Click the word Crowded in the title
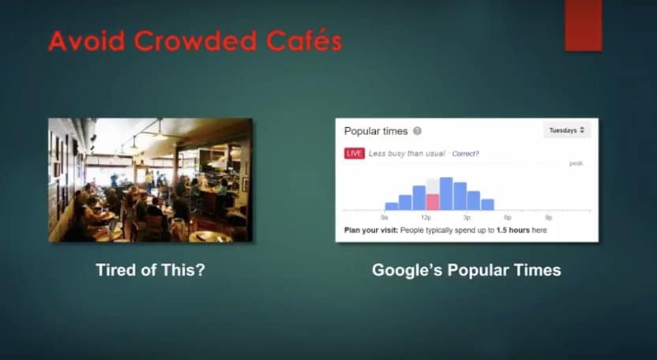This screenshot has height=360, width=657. [x=194, y=41]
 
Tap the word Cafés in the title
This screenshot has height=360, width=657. [x=304, y=41]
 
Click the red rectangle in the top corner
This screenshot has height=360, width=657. [x=584, y=25]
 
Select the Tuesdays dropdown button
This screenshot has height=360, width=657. [x=566, y=130]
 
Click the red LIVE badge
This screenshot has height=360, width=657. [x=355, y=153]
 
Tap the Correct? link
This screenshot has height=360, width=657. [x=465, y=154]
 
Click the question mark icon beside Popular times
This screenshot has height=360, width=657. [x=417, y=131]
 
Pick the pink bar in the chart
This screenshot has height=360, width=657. [x=433, y=202]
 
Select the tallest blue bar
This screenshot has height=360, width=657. [x=446, y=193]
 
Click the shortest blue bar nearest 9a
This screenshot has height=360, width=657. [x=392, y=206]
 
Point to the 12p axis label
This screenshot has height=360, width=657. [x=426, y=218]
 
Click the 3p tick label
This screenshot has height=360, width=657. [x=467, y=218]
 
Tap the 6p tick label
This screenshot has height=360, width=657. [x=508, y=218]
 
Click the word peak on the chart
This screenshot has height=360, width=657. [x=576, y=163]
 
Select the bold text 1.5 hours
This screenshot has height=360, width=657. [x=512, y=230]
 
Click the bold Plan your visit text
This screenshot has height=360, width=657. [x=371, y=230]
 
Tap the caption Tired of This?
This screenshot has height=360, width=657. [x=150, y=270]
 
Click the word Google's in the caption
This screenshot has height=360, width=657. [x=407, y=270]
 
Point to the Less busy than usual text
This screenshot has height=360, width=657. [x=407, y=154]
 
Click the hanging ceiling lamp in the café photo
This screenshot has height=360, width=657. [x=160, y=132]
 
